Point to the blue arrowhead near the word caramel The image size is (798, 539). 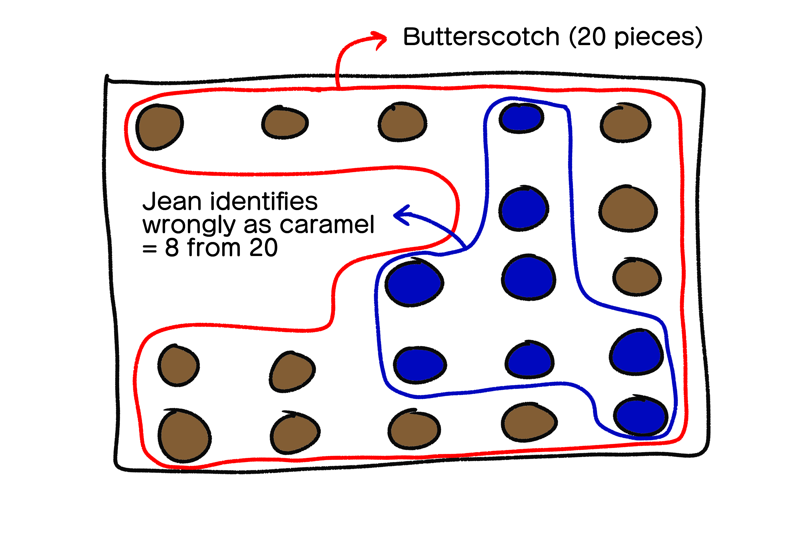pos(401,215)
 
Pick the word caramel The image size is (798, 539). pos(327,225)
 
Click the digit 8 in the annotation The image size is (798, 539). pos(172,248)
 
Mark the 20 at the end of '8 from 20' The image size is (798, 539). pos(263,248)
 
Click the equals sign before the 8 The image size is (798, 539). pos(150,249)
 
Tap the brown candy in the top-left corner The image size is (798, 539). pos(159,127)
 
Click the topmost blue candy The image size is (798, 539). pos(521,118)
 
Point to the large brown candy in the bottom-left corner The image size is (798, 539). pos(184,436)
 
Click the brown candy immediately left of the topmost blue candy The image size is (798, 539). pos(402,122)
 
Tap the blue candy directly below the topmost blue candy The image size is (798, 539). pos(524,209)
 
